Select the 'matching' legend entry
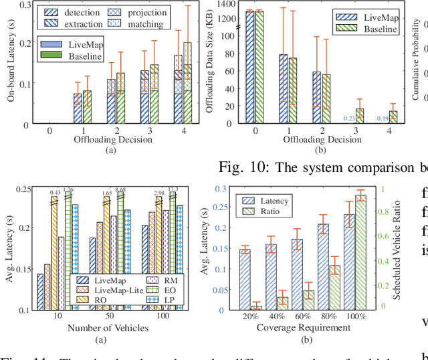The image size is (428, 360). (x=153, y=25)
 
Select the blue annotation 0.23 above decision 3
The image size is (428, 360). (x=351, y=118)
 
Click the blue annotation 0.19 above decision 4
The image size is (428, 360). (x=383, y=118)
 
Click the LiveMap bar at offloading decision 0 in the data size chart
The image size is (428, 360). (x=250, y=67)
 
